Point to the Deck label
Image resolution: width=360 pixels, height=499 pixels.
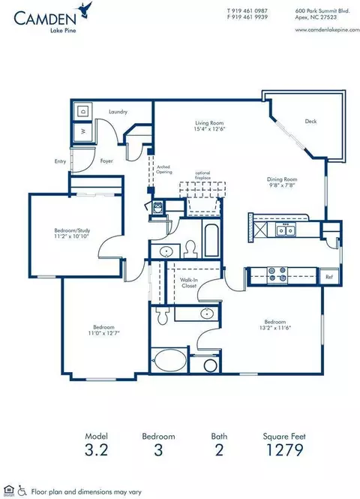[310, 121]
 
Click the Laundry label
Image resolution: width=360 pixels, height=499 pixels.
[118, 112]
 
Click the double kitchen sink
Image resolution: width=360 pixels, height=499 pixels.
[285, 230]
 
